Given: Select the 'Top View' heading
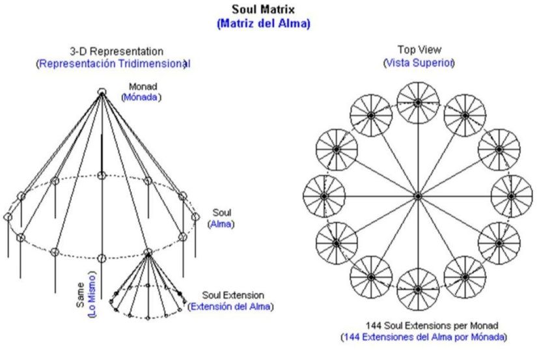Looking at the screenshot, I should [418, 49].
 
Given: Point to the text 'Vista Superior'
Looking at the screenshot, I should [419, 62].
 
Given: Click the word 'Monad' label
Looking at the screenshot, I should [143, 86].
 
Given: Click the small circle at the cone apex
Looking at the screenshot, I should [102, 92].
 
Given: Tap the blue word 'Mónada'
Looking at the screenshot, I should [141, 98].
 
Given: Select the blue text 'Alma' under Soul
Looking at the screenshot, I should [221, 224].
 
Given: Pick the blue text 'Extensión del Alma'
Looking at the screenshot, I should [230, 307].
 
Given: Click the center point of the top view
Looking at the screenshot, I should [418, 195].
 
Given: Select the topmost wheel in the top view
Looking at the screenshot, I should [418, 102].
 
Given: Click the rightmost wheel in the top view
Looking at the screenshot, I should [512, 195].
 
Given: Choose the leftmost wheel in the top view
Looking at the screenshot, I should [324, 195].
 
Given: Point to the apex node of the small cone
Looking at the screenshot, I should [148, 252].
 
